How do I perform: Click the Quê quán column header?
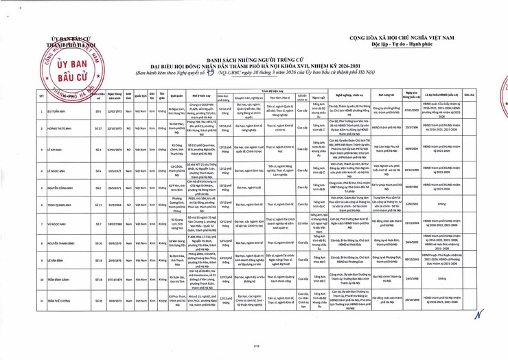coord(175,95)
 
